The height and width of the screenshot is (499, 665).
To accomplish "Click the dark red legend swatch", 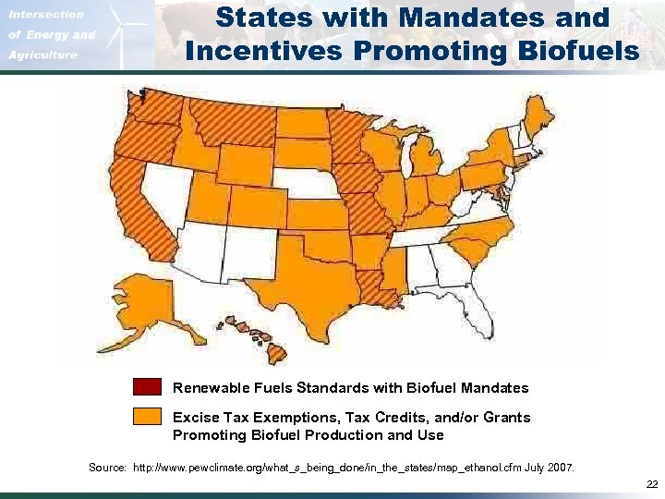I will click(x=147, y=387).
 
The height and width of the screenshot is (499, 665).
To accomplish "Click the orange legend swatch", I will click(x=147, y=418).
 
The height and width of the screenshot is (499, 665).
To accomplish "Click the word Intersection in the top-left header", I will click(x=46, y=15).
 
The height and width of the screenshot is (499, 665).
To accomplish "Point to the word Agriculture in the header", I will click(x=42, y=55).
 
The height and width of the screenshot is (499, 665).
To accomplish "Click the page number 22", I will click(x=652, y=484).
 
